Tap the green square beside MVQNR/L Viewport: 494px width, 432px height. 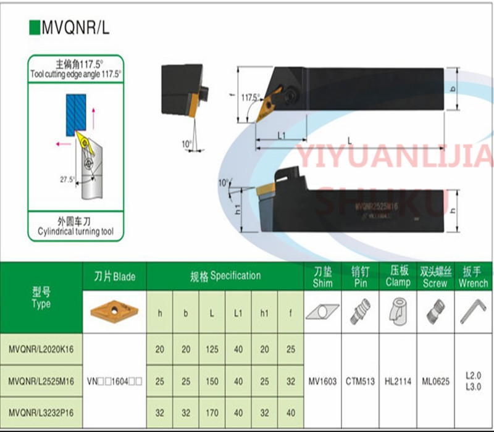point(35,27)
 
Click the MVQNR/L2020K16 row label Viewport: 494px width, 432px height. point(41,350)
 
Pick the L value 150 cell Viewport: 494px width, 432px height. point(212,382)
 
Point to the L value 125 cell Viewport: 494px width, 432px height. point(212,350)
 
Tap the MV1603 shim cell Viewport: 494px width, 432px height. point(322,382)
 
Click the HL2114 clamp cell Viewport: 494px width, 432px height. point(398,382)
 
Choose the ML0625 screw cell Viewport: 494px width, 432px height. point(435,382)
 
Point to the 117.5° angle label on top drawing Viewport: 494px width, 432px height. point(250,98)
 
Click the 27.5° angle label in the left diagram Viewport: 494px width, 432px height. point(67,180)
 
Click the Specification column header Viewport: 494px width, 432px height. point(225,276)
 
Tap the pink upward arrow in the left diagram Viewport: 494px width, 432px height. point(94,116)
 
